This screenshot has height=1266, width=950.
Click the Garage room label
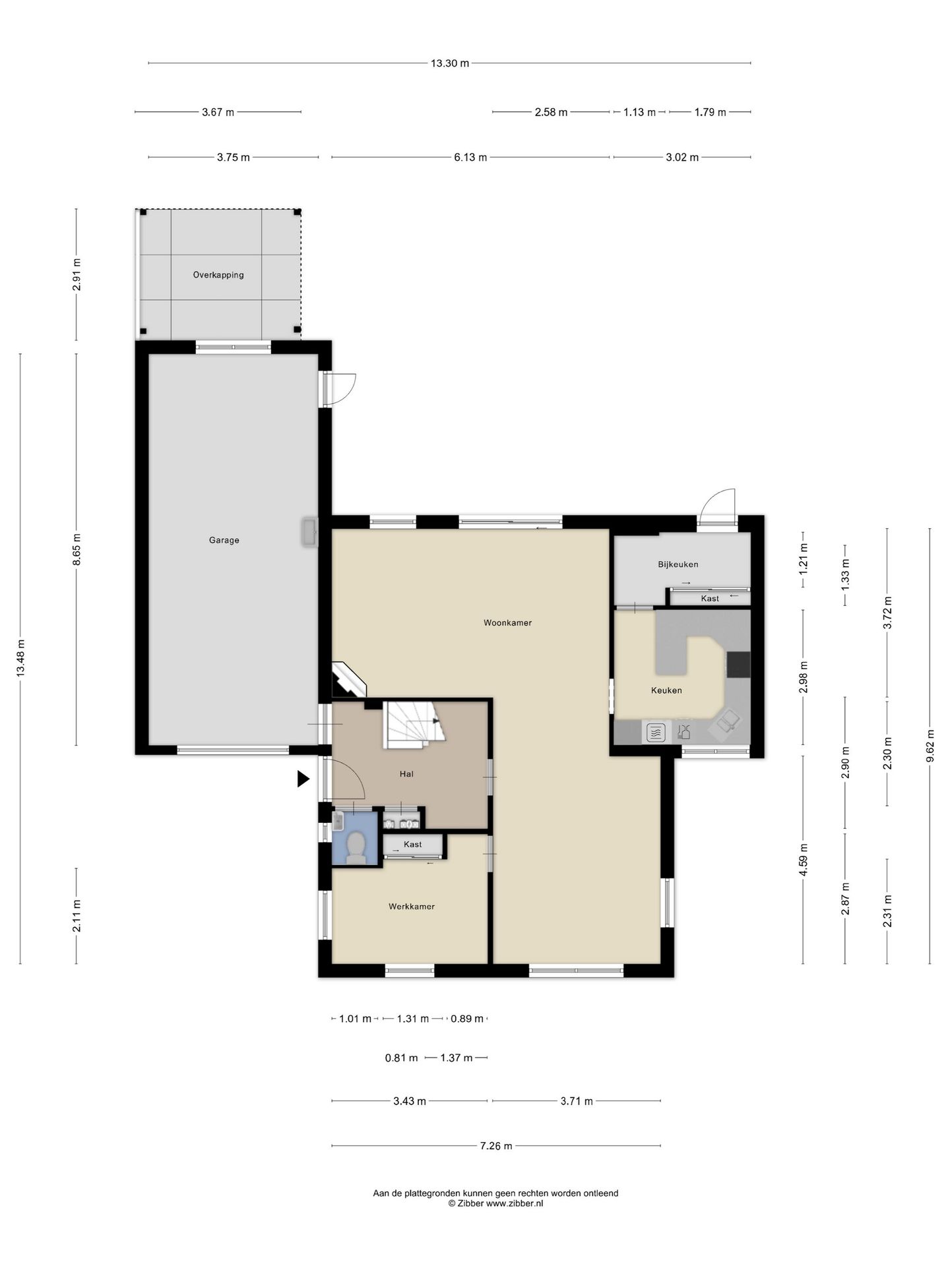[224, 540]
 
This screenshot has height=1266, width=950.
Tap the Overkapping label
[218, 275]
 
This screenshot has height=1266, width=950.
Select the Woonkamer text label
[507, 622]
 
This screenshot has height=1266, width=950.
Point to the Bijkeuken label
[678, 564]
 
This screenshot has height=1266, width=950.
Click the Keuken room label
[666, 690]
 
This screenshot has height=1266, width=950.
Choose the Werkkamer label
[412, 907]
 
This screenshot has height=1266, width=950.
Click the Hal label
[406, 774]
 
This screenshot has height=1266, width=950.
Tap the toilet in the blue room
[356, 847]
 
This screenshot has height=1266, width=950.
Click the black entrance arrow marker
[303, 779]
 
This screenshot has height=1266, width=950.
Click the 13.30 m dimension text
[450, 63]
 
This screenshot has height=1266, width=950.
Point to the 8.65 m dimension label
[77, 549]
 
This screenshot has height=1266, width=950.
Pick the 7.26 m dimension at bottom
[496, 1146]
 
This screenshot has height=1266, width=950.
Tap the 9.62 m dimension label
[930, 746]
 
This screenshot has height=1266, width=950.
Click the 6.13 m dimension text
[470, 158]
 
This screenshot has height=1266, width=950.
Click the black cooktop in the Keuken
[738, 664]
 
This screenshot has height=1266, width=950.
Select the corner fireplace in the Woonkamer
[348, 680]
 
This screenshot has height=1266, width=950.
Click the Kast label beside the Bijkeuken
[710, 599]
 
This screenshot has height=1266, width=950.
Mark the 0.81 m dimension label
[401, 1058]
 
